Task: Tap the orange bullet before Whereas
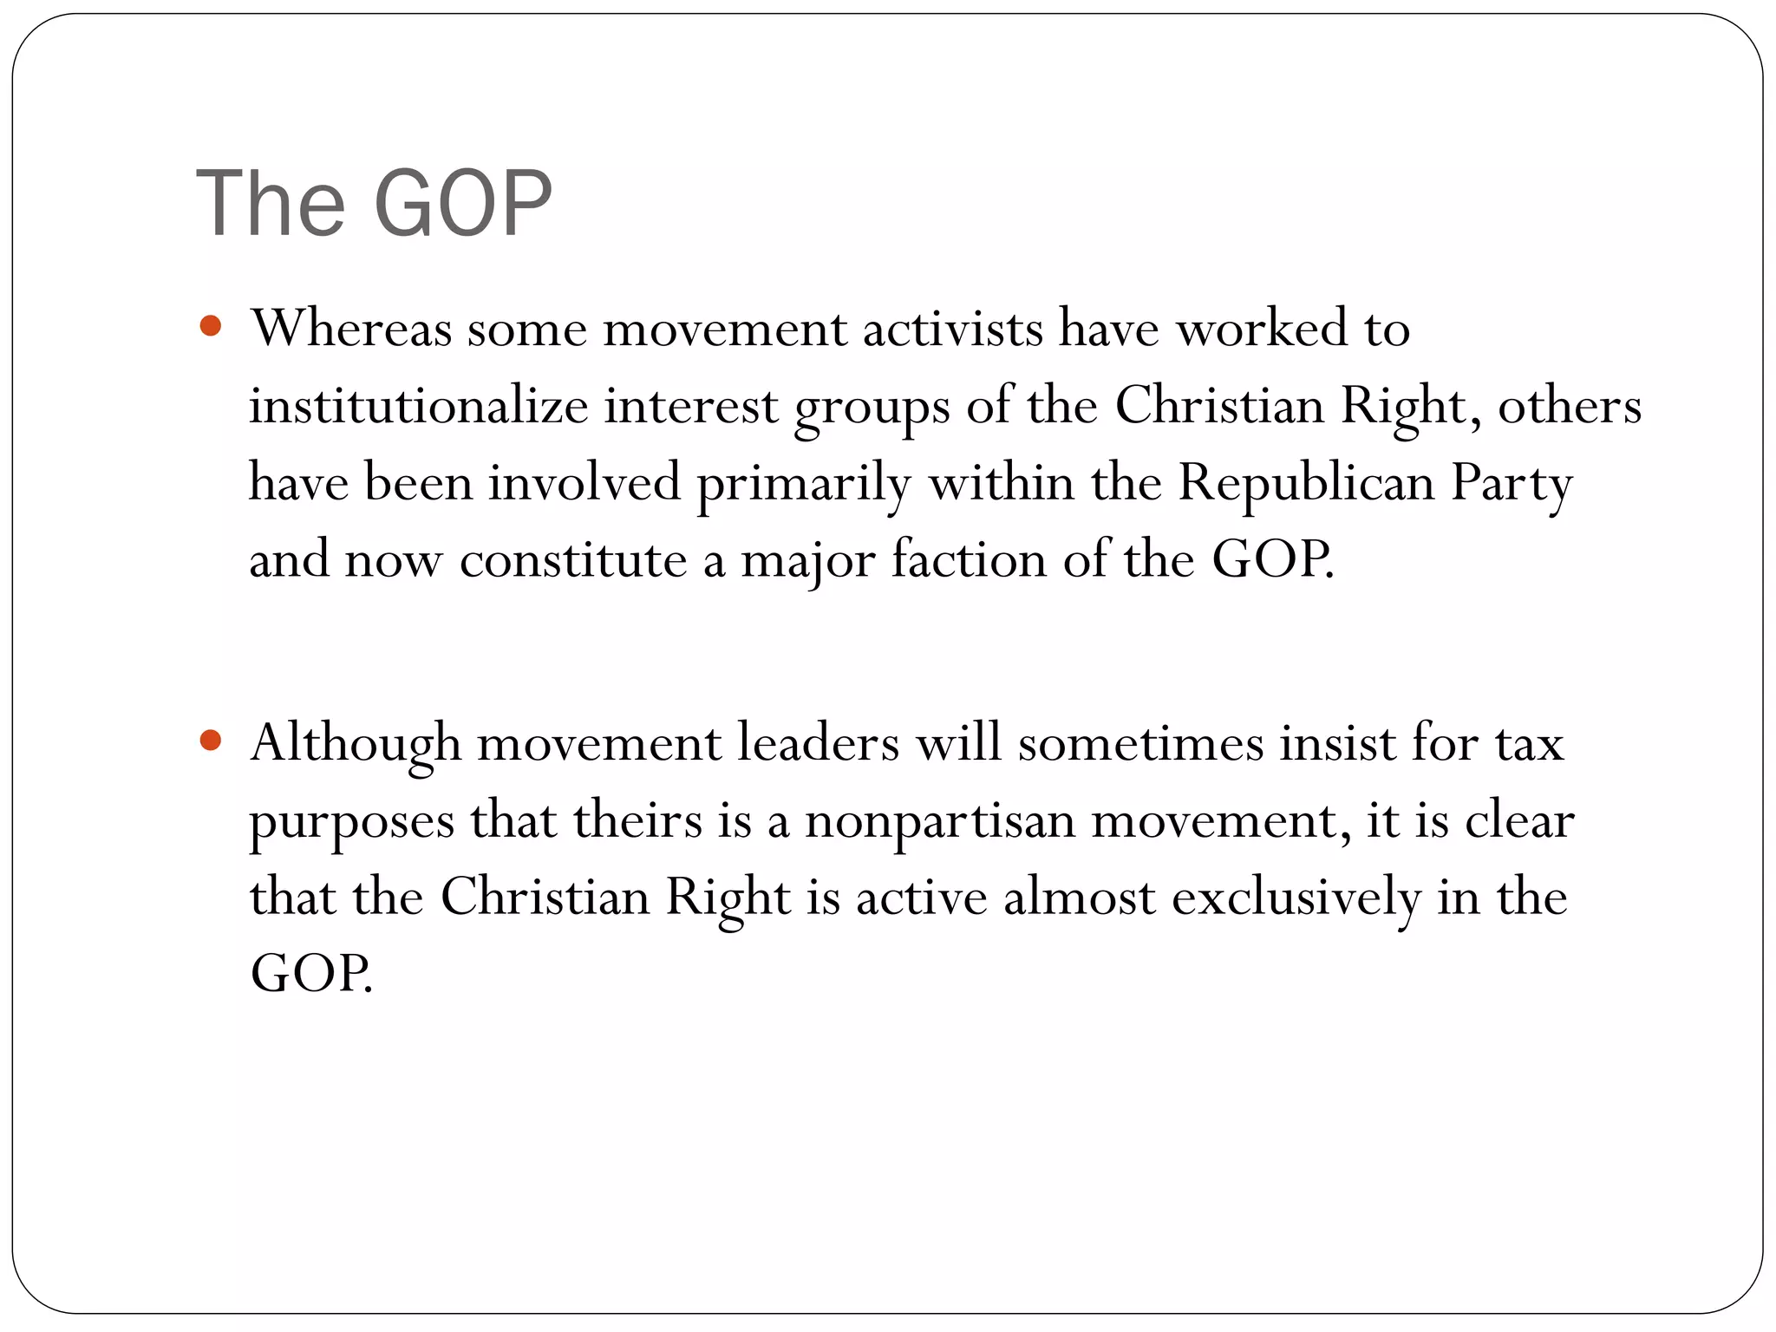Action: [x=211, y=327]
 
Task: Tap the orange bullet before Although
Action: [x=211, y=741]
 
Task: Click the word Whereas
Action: [x=351, y=329]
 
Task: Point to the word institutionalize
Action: [x=419, y=406]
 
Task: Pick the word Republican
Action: [x=1306, y=482]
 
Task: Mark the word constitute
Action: [x=573, y=559]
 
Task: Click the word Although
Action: [x=356, y=744]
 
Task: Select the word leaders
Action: [x=818, y=743]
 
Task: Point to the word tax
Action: [x=1529, y=744]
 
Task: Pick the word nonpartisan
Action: [x=940, y=820]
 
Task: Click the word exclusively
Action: [x=1296, y=897]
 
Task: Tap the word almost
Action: [x=1079, y=897]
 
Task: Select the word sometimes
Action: [x=1140, y=743]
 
